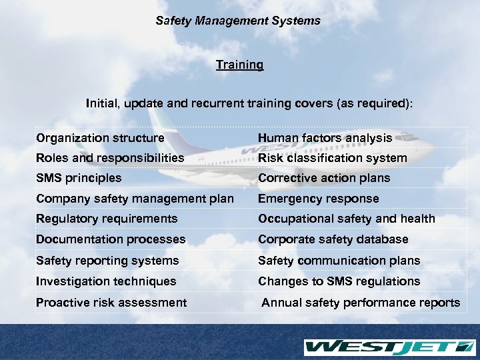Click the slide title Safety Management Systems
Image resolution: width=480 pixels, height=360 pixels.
point(238,21)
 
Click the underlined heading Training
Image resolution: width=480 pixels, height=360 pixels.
point(239,65)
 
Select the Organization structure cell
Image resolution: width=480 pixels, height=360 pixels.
point(100,138)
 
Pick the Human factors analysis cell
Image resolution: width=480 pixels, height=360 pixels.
point(325,138)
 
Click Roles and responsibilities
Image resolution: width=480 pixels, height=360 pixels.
point(110,158)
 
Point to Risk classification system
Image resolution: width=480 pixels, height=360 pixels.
point(332,158)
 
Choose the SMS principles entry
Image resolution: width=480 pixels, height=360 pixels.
point(79,178)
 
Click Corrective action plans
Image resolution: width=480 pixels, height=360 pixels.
point(324,178)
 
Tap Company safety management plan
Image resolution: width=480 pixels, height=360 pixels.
point(135,199)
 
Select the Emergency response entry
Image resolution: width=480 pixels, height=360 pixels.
point(318,199)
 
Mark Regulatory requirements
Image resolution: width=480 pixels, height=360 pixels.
point(107,219)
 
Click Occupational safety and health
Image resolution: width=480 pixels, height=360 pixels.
point(346,219)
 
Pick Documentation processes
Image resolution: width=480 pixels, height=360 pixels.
point(111,239)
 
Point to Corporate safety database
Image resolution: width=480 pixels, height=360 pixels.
point(333,239)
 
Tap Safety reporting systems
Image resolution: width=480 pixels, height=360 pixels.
point(107,261)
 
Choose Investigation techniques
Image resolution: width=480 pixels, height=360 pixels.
point(106,281)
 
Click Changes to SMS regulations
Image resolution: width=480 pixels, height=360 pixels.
point(339,281)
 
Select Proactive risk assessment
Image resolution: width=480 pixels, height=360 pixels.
point(111,303)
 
